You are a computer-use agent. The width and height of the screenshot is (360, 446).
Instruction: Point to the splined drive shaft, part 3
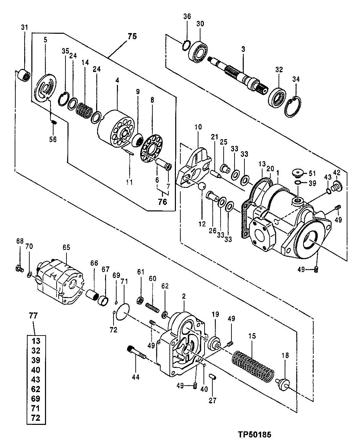coord(239,74)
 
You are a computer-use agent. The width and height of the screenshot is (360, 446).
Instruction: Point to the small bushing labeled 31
coord(24,75)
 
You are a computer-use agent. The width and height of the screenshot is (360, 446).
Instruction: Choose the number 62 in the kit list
coord(36,389)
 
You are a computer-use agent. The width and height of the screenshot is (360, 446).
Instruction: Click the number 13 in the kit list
coord(36,341)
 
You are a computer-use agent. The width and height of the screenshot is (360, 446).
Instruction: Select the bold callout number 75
coord(132,36)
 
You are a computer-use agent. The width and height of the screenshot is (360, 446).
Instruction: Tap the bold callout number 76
coord(162,202)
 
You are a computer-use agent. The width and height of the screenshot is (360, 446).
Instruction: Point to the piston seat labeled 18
coord(283,383)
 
